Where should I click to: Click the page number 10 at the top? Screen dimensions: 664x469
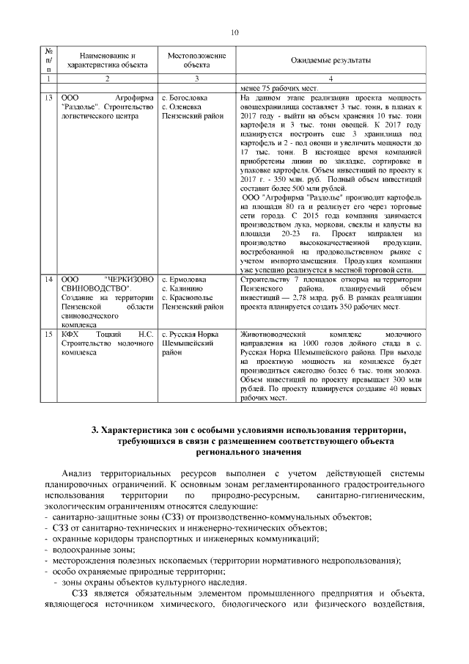click(x=234, y=32)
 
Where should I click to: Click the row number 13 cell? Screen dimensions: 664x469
click(x=48, y=97)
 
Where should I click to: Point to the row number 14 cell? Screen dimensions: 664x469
click(x=48, y=279)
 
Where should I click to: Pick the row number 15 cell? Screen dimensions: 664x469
click(x=48, y=333)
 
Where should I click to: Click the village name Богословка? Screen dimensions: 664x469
click(x=188, y=97)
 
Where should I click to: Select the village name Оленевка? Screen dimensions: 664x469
click(x=185, y=106)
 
